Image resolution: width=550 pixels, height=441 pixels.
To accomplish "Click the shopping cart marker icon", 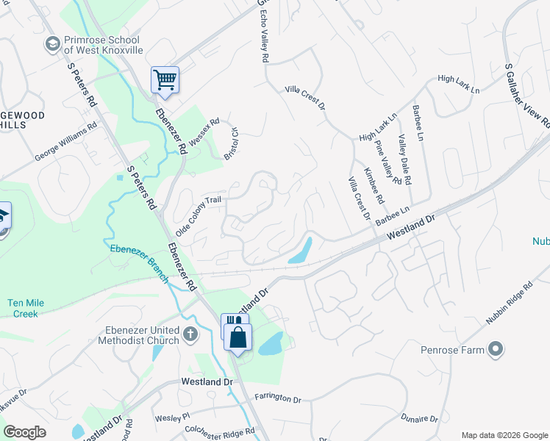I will tap(165, 79).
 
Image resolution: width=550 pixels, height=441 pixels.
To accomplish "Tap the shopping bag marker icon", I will tap(238, 338).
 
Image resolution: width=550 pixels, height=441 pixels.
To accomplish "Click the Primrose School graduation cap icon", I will tap(52, 45).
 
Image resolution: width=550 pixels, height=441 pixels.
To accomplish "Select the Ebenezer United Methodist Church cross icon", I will tap(190, 335).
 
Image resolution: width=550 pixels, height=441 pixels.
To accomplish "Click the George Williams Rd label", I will tap(65, 143).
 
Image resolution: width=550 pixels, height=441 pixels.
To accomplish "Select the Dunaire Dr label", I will tap(420, 418).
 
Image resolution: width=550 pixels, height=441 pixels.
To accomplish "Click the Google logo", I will tap(24, 432).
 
